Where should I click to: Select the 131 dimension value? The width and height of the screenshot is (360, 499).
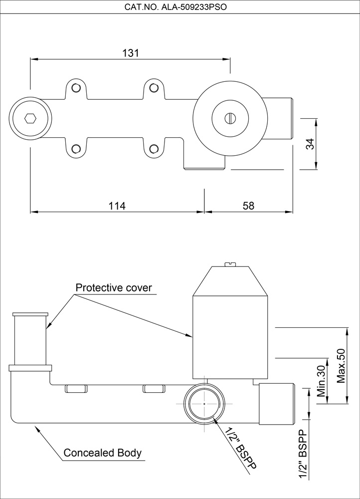tap(130, 53)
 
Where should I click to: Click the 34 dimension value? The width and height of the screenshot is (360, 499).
tap(310, 145)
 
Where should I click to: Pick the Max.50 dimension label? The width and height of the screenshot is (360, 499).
tap(342, 366)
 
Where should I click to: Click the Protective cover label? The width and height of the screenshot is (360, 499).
tap(114, 288)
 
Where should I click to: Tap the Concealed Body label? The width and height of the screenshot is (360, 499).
tap(102, 453)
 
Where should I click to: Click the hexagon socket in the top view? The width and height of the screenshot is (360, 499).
tap(30, 118)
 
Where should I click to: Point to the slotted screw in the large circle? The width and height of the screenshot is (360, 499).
tap(230, 118)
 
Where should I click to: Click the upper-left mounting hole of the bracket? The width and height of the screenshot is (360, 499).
tap(76, 88)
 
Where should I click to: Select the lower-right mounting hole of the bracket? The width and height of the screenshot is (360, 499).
tap(154, 148)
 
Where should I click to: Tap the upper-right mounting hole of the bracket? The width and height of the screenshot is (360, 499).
tap(154, 88)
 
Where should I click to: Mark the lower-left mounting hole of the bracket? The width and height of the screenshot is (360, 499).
tap(76, 148)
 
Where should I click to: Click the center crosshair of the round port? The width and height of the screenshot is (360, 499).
tap(205, 403)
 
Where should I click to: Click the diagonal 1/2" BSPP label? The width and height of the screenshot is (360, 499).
tap(240, 448)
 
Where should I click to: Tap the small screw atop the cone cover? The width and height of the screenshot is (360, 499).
tap(230, 263)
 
